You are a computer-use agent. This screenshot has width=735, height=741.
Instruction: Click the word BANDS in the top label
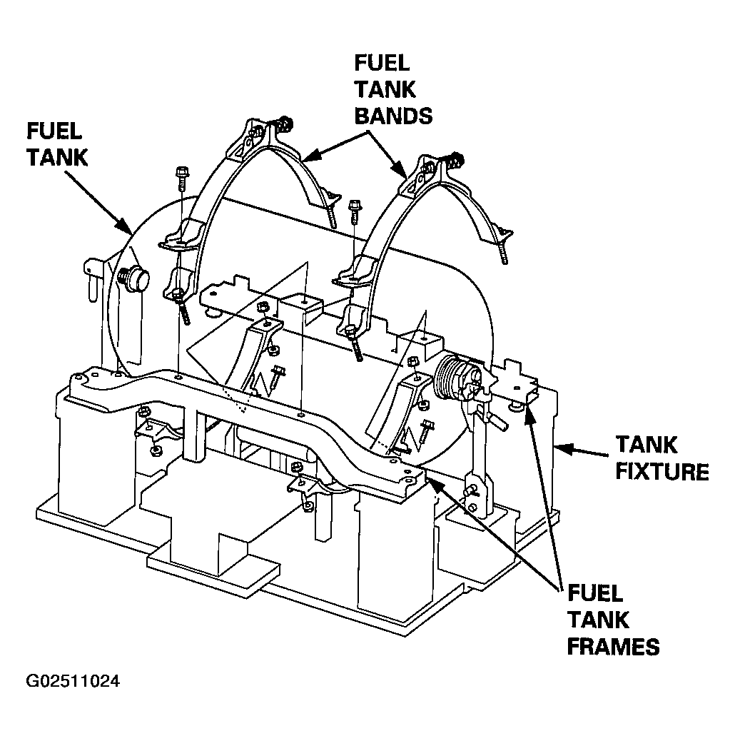coord(393,116)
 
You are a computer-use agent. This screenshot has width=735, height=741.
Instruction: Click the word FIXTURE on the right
coord(661,472)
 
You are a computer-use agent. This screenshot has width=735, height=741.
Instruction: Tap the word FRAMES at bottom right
coord(613,647)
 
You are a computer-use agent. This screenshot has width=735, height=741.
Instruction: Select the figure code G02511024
coord(73,681)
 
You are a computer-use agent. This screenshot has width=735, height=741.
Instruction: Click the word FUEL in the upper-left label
coord(54,131)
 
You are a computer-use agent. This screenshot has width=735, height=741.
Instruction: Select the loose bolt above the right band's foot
coord(355,212)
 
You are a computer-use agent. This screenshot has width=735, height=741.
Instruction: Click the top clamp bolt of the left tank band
coord(284,123)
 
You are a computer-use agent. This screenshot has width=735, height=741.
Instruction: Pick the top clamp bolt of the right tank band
coord(456,160)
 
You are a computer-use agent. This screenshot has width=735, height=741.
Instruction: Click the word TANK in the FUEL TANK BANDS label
coord(385,89)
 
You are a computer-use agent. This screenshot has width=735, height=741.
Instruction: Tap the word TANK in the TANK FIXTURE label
coord(647,445)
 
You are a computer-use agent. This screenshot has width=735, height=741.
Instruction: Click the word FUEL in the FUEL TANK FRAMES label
coord(595,593)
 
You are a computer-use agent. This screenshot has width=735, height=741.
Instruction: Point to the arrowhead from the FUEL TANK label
coord(126,228)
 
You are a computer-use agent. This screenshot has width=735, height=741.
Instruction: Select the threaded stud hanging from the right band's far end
coord(502,252)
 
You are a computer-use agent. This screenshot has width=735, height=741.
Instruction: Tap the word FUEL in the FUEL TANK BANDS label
coord(382,63)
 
